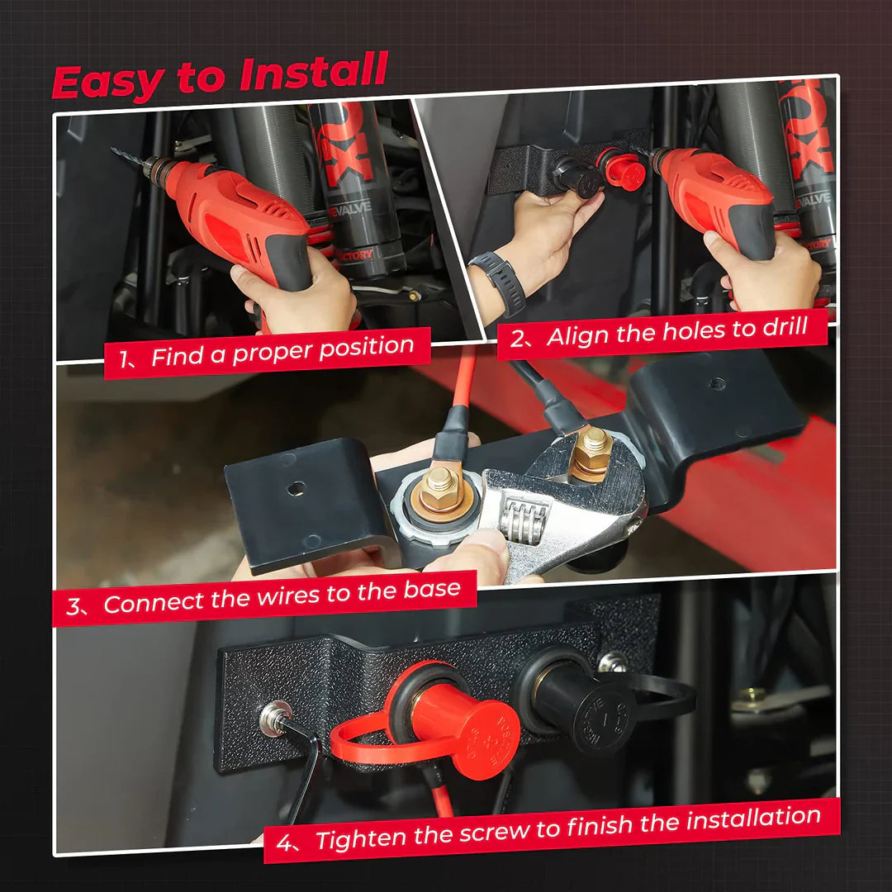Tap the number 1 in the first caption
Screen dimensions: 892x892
124,359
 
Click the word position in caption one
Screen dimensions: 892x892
366,349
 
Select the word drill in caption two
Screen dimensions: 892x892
783,328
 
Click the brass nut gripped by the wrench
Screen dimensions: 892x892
591,453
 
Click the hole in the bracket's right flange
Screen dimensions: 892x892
717,384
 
